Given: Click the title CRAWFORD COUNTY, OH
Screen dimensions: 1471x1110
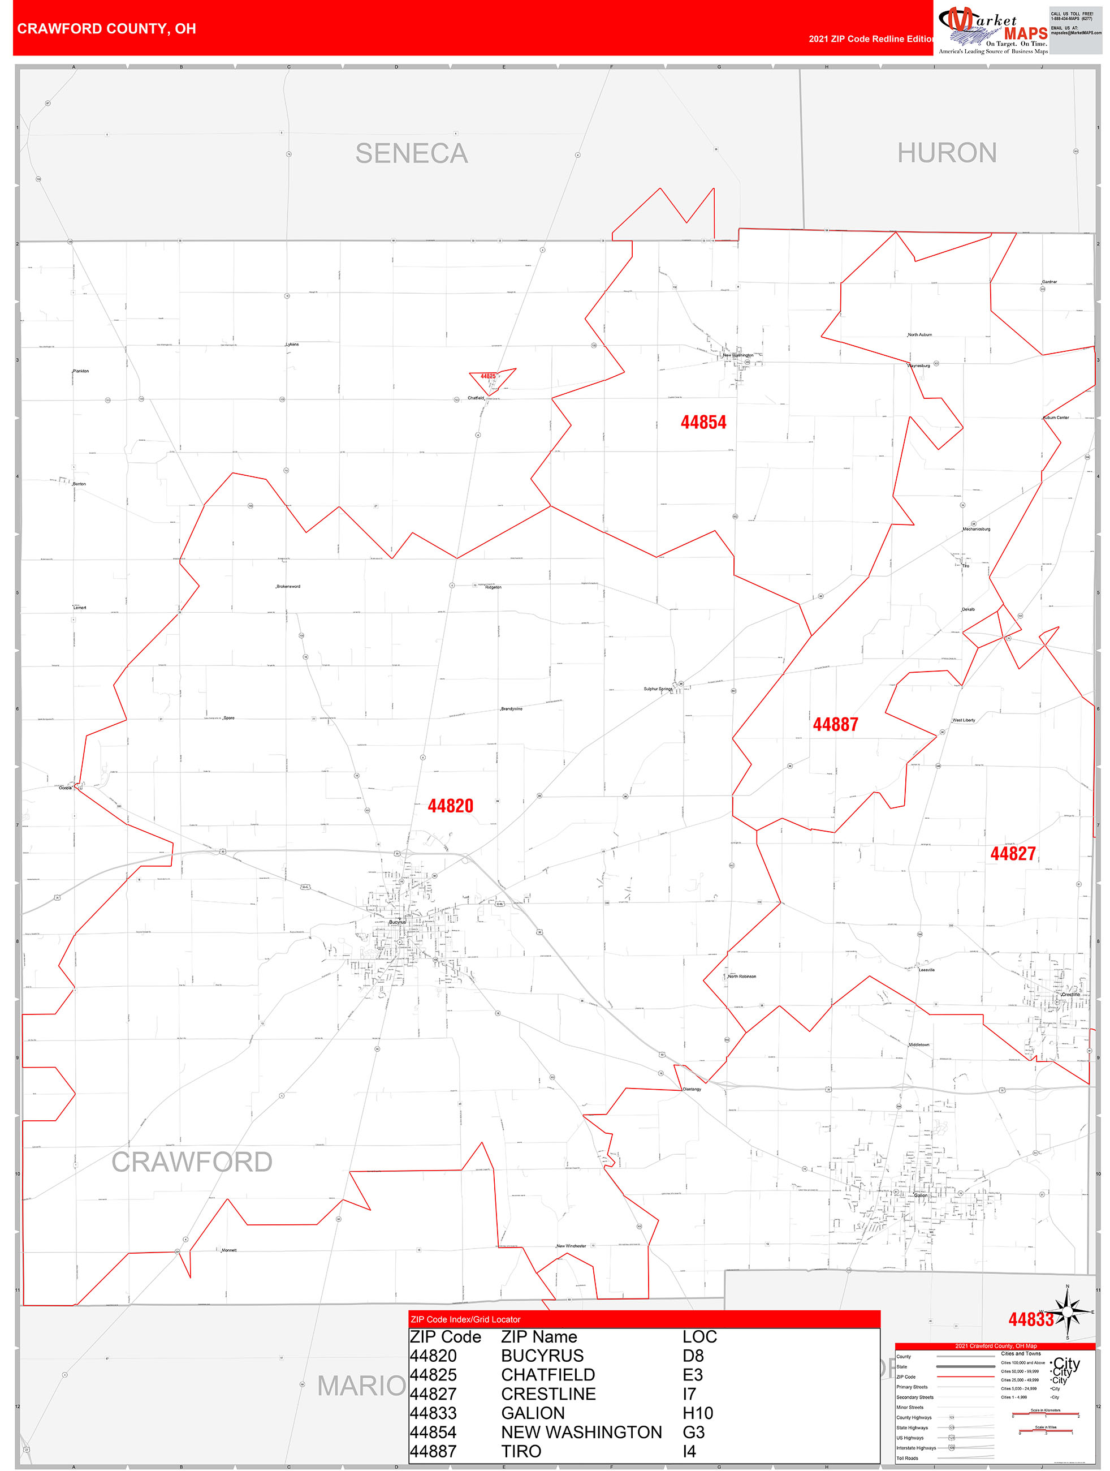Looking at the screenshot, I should [x=106, y=29].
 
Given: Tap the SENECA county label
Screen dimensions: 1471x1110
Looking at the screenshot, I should [x=412, y=154].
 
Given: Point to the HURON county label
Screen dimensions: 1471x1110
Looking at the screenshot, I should [x=947, y=153].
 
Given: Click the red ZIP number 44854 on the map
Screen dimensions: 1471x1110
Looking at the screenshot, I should [x=703, y=422].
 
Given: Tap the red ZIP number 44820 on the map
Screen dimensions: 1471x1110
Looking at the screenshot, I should [x=450, y=806].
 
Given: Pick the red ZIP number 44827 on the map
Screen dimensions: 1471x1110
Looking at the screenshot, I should [x=1012, y=854].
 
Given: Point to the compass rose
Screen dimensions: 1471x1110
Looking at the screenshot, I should [x=1068, y=1311].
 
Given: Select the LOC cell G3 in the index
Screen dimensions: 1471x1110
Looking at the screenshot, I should [x=693, y=1432].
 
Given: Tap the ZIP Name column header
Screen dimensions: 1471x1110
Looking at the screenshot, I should [x=538, y=1337].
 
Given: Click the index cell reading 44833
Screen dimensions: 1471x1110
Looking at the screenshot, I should [x=433, y=1413].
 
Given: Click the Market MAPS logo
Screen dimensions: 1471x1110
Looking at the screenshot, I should [x=992, y=30].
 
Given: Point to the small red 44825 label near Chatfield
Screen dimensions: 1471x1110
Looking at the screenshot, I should [x=489, y=376].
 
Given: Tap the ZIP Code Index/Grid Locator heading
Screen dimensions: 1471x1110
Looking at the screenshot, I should [x=465, y=1319].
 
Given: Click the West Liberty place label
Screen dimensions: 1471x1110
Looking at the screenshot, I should [x=964, y=720].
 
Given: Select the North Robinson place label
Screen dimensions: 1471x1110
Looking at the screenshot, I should [x=742, y=976].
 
